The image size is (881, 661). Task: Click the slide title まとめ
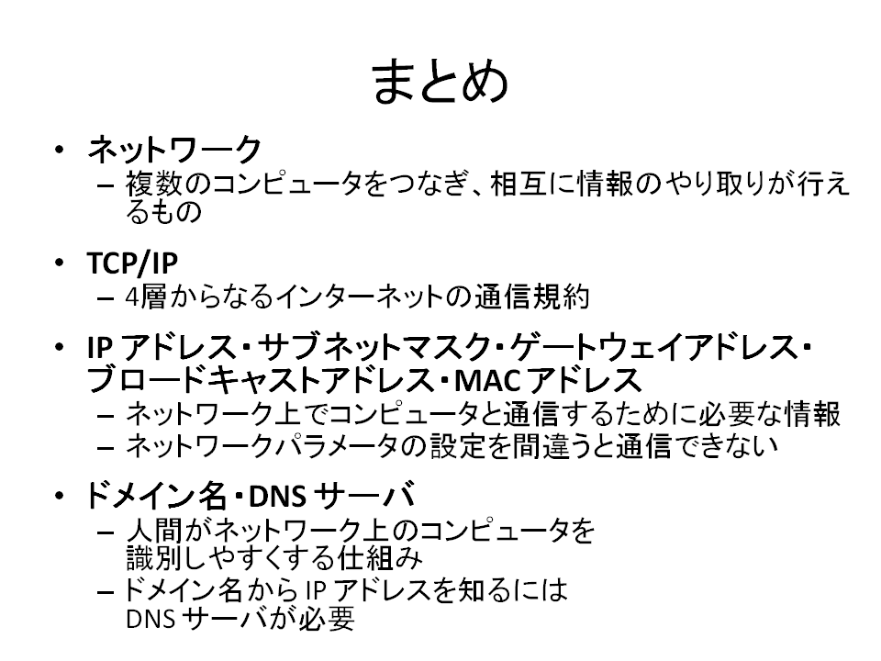440,82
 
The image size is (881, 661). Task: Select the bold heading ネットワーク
174,150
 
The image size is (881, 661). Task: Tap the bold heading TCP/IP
132,263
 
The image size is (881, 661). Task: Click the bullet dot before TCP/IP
60,263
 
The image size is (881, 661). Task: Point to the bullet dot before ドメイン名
60,495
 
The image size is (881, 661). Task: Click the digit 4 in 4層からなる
132,297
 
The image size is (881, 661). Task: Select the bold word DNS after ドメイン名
277,496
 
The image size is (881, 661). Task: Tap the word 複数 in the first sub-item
154,184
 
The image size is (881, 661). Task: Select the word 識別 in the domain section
154,559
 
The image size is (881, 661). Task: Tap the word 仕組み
379,559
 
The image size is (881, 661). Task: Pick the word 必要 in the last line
327,618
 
